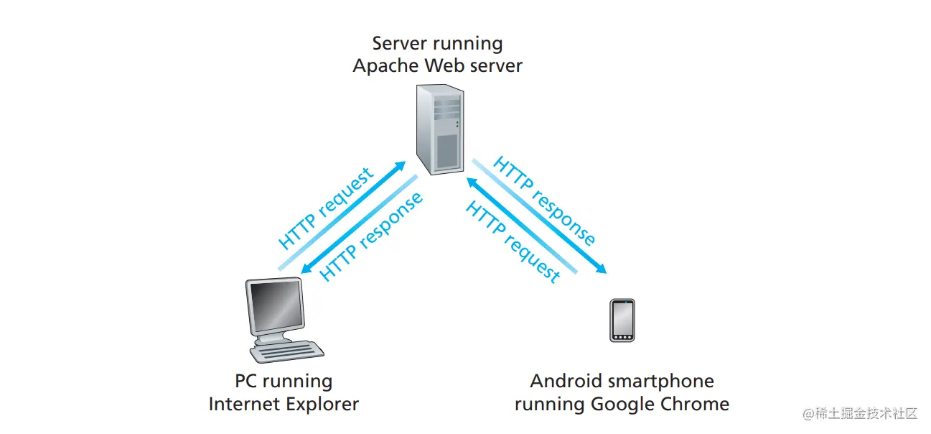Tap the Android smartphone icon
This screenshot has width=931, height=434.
(622, 320)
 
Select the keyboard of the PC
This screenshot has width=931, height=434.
(286, 352)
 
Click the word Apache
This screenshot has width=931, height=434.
(386, 66)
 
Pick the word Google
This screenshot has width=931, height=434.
(621, 404)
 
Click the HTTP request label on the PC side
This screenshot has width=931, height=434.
(327, 208)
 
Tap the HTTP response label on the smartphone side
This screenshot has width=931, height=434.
(545, 201)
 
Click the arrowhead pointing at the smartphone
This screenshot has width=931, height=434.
(601, 269)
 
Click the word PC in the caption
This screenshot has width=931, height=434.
(246, 381)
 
